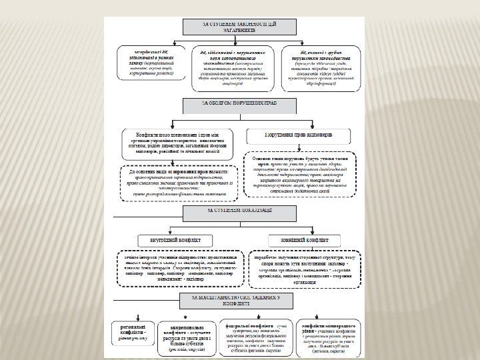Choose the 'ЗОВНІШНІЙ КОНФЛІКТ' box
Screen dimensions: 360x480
(x=305, y=239)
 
